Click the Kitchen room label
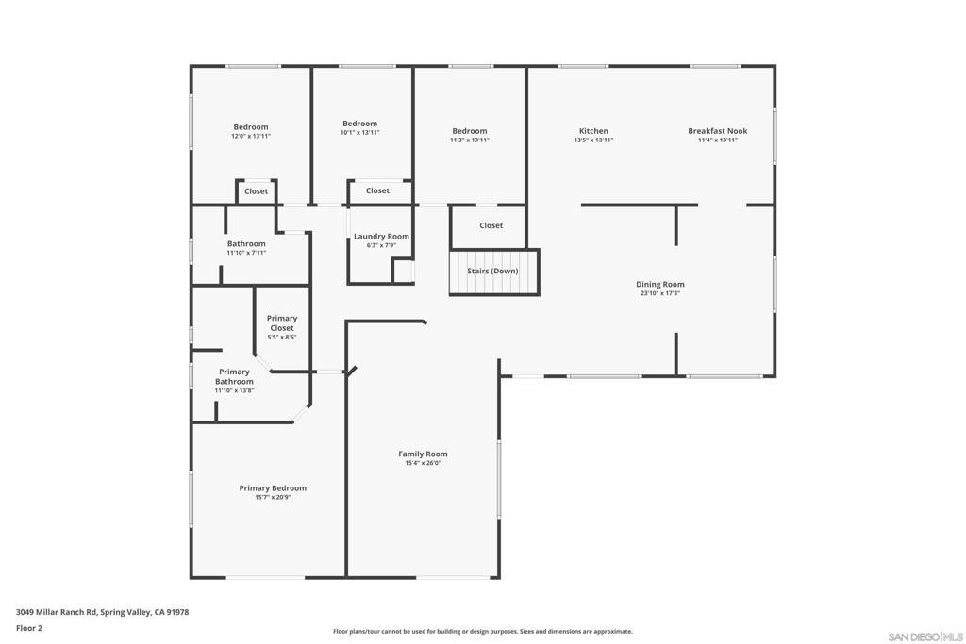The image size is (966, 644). (593, 131)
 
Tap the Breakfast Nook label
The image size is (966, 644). (717, 131)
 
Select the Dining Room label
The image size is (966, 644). (659, 284)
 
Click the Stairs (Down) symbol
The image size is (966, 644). (493, 272)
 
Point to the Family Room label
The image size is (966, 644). (423, 454)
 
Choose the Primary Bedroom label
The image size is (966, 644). (273, 487)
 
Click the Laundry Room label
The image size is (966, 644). (381, 236)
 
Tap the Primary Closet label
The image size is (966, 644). (281, 323)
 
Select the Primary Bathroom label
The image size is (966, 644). (234, 376)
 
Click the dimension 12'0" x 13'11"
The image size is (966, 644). (251, 136)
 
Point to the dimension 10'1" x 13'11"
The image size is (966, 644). (359, 132)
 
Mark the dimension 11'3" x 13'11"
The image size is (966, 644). (469, 140)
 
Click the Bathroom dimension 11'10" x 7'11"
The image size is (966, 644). (246, 252)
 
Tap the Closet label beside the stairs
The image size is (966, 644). (491, 225)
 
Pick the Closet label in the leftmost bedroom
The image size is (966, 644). (256, 190)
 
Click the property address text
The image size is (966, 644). (102, 612)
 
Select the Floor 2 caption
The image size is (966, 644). (29, 628)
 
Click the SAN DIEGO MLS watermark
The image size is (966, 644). (925, 636)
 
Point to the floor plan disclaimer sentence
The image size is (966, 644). (482, 632)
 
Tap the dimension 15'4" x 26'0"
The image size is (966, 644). (423, 463)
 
